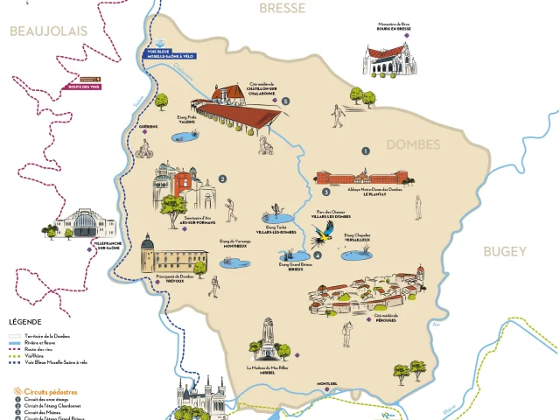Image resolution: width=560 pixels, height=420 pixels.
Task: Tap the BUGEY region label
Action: click(507, 252)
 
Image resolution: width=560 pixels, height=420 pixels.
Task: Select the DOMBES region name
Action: click(413, 144)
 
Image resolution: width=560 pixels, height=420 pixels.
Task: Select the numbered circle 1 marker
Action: click(365, 150)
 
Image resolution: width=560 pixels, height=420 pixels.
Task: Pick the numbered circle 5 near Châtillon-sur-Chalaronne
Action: click(285, 101)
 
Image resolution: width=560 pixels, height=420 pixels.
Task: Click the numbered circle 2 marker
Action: click(223, 179)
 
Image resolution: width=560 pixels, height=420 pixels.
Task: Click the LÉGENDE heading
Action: click(24, 322)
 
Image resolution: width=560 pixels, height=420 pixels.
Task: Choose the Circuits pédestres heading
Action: click(45, 391)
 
